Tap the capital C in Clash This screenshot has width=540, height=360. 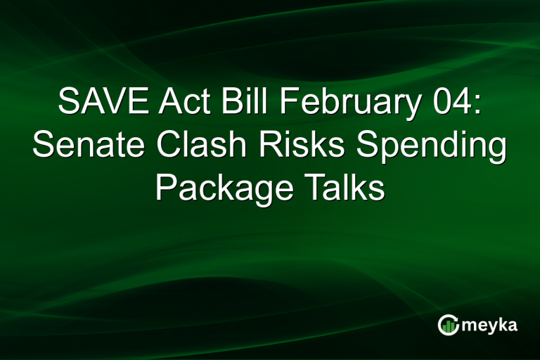point(167,147)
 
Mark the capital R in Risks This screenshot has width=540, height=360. point(266,147)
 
